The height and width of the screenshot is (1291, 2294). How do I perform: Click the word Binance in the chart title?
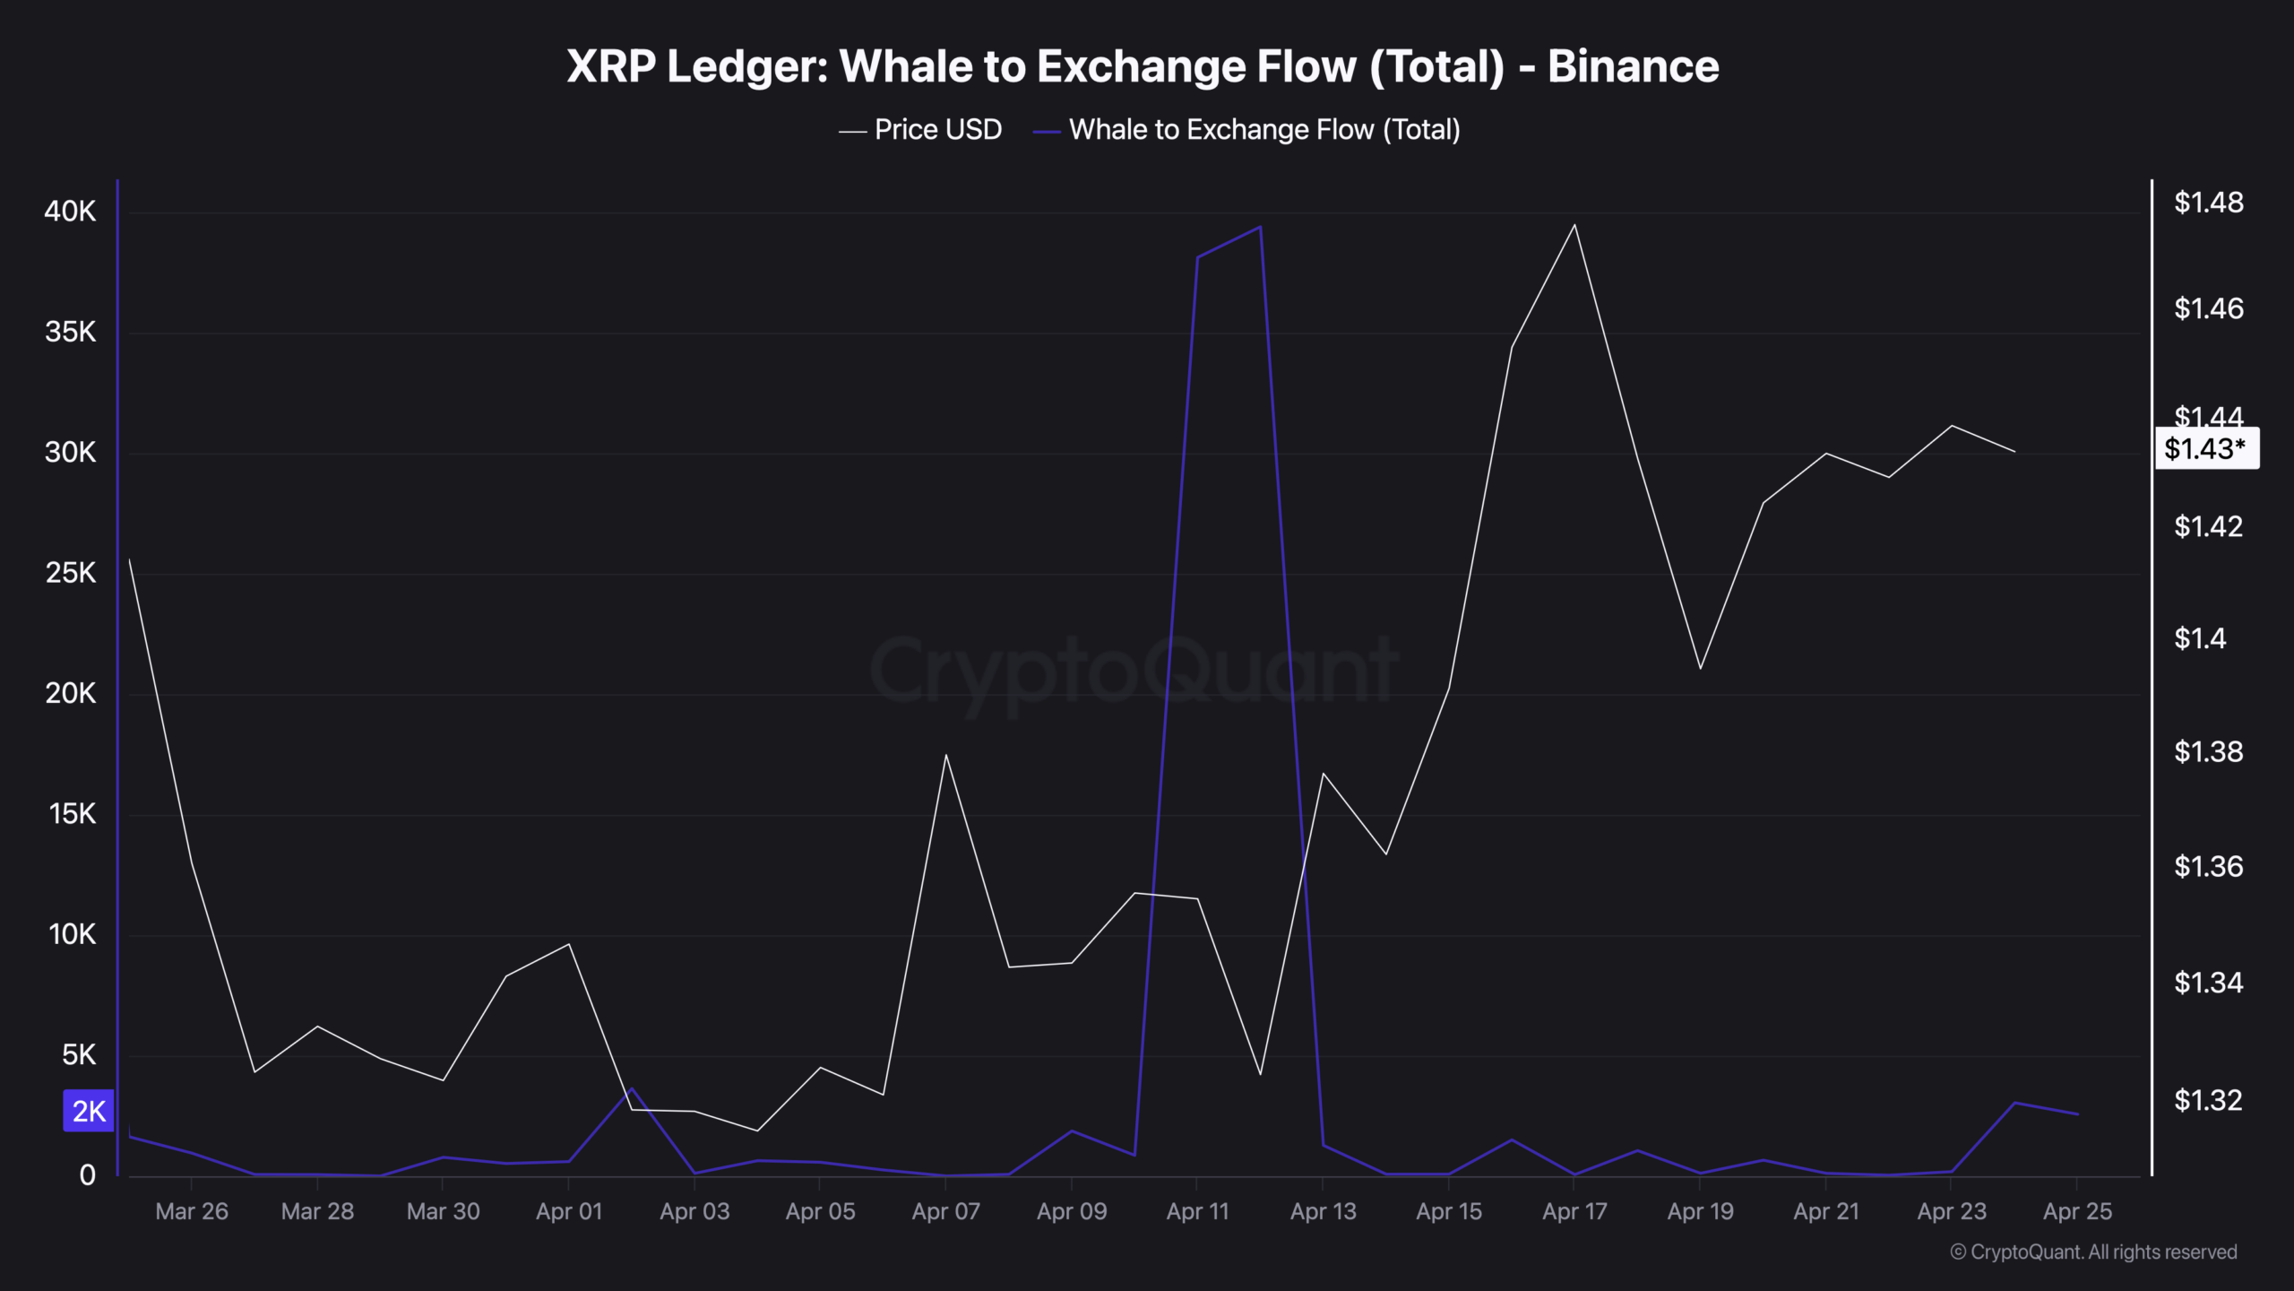pos(1633,66)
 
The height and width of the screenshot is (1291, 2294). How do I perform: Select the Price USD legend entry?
pos(936,130)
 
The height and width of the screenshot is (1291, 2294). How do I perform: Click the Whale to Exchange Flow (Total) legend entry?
pos(1263,130)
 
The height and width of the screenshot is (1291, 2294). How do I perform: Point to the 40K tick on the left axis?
pos(70,212)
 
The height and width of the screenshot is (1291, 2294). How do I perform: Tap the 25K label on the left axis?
pos(70,573)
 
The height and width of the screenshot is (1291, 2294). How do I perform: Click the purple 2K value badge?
pos(89,1111)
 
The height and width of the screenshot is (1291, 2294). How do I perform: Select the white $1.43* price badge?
pos(2205,448)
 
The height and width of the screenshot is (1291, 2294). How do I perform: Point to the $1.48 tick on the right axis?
pos(2208,203)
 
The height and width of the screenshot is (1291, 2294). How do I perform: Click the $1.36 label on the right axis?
pos(2208,866)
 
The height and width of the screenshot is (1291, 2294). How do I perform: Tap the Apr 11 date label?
pos(1197,1211)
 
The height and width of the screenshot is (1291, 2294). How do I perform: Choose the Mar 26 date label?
pos(192,1211)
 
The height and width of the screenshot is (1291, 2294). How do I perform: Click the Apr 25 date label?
pos(2077,1211)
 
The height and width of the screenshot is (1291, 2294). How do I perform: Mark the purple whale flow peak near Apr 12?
pos(1260,228)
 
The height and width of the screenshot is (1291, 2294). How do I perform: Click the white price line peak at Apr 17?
pos(1574,225)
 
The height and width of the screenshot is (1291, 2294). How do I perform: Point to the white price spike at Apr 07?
pos(945,756)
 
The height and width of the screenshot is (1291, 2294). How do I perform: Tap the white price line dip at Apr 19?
pos(1700,668)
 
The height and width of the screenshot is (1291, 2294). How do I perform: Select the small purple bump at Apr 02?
pos(632,1089)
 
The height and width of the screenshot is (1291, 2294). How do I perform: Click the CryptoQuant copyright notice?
pos(2093,1252)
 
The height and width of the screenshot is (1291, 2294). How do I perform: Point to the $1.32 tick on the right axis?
pos(2208,1100)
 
